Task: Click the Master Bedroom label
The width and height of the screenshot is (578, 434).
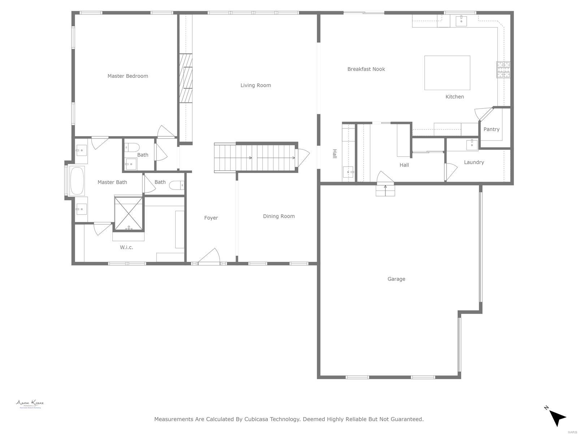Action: pos(128,76)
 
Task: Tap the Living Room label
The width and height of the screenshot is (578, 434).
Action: pos(255,85)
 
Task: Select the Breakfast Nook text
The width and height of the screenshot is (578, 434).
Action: pos(366,69)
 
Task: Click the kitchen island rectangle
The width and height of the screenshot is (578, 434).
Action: pos(447,73)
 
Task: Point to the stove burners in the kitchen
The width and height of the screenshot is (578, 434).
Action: pos(503,70)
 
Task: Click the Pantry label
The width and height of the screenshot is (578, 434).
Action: pos(491,129)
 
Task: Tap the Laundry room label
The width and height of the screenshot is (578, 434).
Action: pos(474,162)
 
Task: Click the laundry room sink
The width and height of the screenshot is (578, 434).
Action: pos(472,144)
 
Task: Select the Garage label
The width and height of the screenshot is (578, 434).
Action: pos(396,279)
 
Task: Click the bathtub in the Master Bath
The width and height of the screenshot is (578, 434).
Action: pos(77,181)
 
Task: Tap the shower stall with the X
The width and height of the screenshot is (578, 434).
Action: pos(129,213)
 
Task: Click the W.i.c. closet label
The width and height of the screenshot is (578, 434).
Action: pos(126,247)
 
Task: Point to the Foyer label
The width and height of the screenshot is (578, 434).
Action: pos(211,218)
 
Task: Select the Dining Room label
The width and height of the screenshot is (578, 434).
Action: pos(279,216)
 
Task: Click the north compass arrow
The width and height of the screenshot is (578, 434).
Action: pos(557,418)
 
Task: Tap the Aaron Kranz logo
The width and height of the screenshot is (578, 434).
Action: pos(30,404)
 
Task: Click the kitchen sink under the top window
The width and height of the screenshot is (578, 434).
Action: pos(461,20)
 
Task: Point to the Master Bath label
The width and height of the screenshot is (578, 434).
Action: pos(112,182)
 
